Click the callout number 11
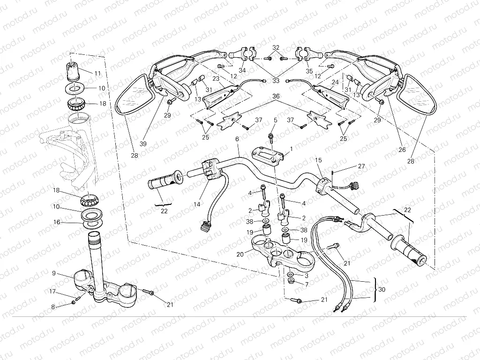pos(97,73)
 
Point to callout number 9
pos(54,273)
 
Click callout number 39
pos(142,144)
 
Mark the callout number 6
pos(237,139)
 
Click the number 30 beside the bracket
pos(382,290)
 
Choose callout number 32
pos(276,48)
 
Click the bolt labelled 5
pos(271,136)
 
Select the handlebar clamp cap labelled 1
pos(269,154)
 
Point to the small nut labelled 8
pos(74,303)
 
